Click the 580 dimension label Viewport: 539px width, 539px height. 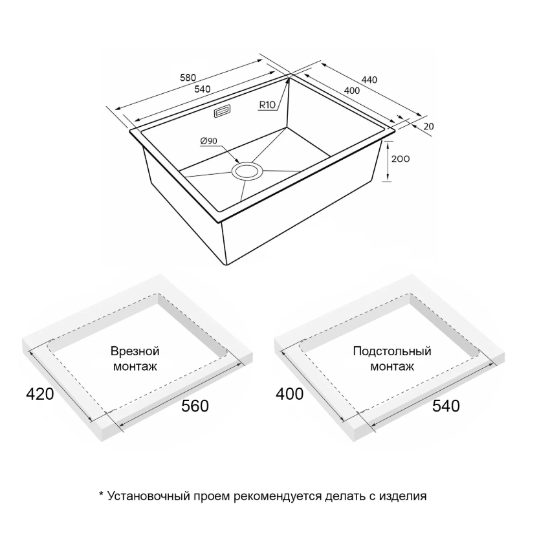(x=188, y=78)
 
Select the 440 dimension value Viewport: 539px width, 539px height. (x=369, y=80)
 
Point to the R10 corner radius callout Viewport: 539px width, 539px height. (x=267, y=105)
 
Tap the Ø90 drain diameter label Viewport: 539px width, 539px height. (x=208, y=141)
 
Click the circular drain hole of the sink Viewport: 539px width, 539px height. (x=247, y=171)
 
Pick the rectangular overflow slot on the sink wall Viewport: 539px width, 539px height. (x=222, y=111)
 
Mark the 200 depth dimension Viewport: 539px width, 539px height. (x=401, y=159)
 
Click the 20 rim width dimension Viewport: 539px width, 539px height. (x=428, y=127)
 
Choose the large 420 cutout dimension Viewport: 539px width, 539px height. (x=40, y=394)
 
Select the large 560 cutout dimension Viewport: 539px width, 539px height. (x=195, y=406)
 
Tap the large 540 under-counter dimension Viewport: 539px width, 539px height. (x=446, y=406)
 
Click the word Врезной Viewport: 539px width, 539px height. (x=135, y=351)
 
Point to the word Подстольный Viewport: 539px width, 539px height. (x=392, y=351)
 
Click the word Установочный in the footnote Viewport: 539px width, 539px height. (x=148, y=496)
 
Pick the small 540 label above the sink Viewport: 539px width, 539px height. (x=202, y=89)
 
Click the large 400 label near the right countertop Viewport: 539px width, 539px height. (x=289, y=394)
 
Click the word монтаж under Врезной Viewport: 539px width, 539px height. (x=135, y=366)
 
